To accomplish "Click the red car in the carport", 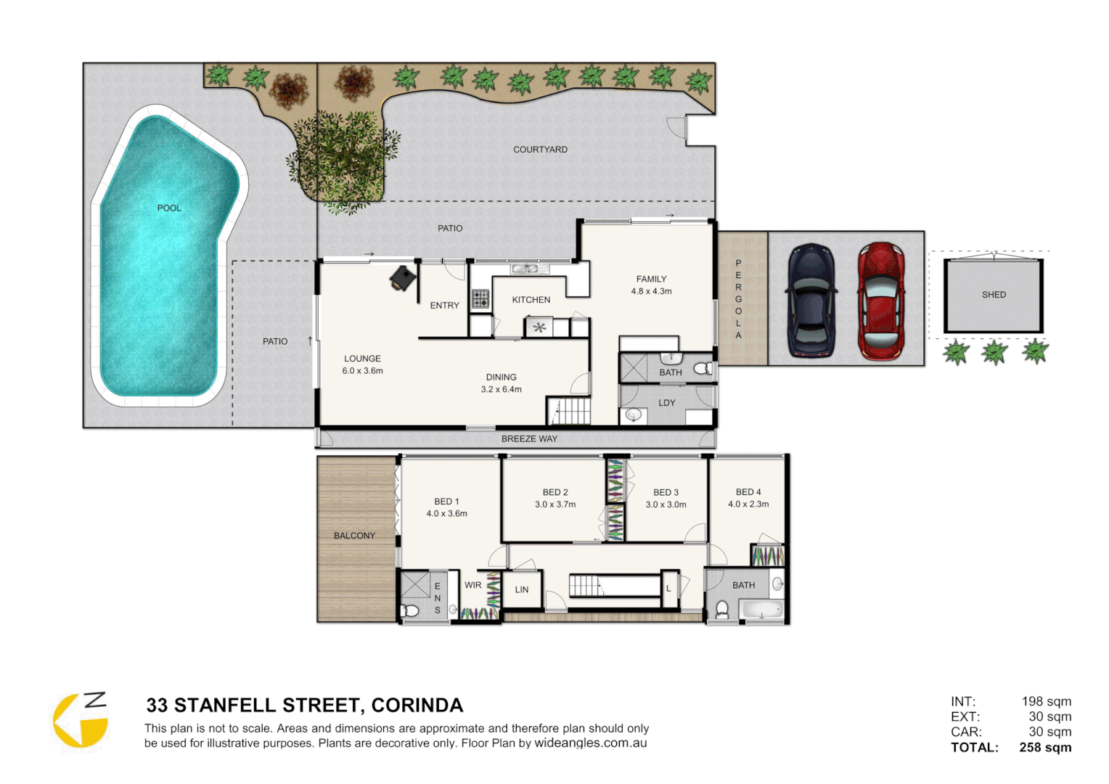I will point(880,301).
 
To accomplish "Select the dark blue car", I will point(811,301).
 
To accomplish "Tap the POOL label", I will point(169,208).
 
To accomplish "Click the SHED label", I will point(994,295).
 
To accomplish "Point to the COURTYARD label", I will point(540,150).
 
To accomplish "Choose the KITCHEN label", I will point(531,300).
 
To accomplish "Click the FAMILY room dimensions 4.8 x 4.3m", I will point(651,292).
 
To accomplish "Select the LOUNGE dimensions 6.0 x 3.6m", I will point(362,371).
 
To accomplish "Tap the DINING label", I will point(501,377).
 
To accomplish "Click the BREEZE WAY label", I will point(529,439).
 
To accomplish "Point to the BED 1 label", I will point(446,502).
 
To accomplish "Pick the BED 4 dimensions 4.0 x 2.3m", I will point(748,505).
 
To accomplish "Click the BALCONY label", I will point(354,536).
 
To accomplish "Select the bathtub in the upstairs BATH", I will point(761,610).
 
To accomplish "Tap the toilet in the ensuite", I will point(410,611).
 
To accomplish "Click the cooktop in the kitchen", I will point(480,299).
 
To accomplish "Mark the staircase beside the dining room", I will point(570,412).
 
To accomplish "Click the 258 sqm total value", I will point(1045,748).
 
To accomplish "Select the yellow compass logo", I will point(81,720).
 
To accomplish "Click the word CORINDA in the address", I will point(417,706).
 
